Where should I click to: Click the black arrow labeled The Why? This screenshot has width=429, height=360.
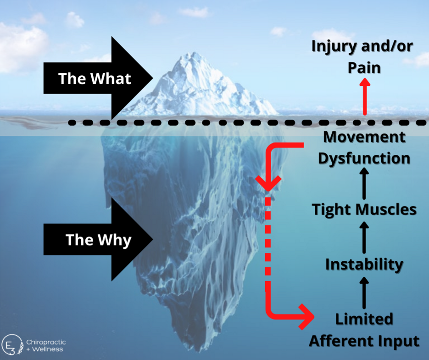click(x=96, y=240)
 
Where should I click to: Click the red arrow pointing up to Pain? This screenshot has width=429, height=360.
click(x=365, y=96)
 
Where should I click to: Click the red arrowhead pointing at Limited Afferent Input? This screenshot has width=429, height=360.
click(x=306, y=316)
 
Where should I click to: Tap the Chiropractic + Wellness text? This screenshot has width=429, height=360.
click(x=45, y=345)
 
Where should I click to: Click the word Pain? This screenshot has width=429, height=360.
click(x=364, y=67)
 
